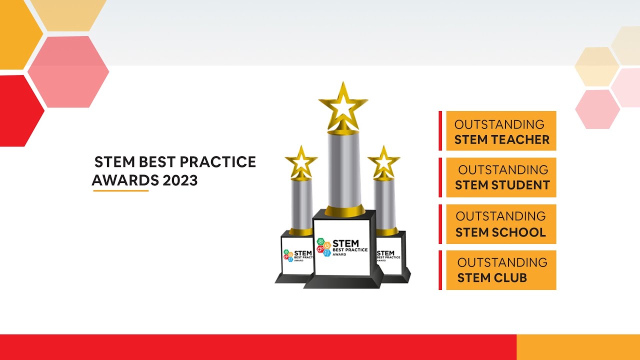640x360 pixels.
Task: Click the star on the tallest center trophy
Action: (x=343, y=106)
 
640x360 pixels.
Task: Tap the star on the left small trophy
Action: (x=301, y=162)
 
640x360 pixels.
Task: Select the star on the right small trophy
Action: (x=383, y=162)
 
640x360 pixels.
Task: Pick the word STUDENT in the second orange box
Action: (x=520, y=185)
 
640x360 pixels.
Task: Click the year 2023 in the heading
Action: (x=180, y=180)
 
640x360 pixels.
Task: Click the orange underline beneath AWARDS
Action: (x=121, y=190)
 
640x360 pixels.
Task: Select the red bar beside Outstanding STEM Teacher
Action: (x=440, y=130)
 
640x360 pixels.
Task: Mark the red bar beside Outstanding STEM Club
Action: (x=440, y=270)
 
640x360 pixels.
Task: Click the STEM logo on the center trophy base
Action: (x=325, y=247)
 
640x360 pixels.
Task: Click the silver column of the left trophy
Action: (x=301, y=202)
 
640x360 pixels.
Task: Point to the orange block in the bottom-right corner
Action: (x=578, y=347)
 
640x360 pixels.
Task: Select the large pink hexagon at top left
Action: (x=68, y=71)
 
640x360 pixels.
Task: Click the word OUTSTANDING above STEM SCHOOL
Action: (x=500, y=216)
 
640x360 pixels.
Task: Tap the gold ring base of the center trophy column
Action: (x=345, y=211)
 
